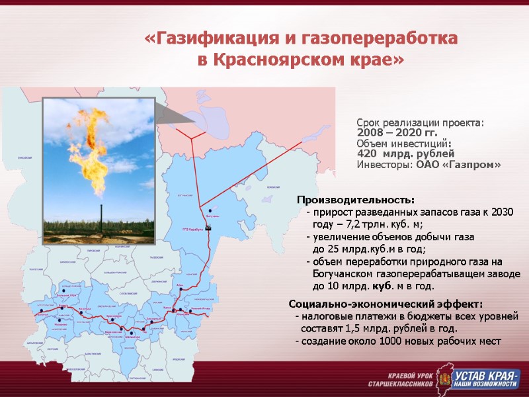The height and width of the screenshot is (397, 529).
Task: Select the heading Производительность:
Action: (x=356, y=200)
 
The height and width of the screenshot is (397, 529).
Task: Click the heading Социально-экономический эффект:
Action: (x=386, y=304)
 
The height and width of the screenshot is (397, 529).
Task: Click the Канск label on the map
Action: (x=167, y=308)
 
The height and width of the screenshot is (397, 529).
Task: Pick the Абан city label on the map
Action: (x=179, y=286)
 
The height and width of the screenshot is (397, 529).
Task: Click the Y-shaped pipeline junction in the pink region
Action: (x=192, y=137)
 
